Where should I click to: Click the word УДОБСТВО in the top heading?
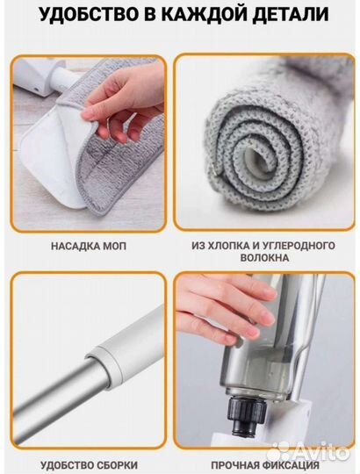pos(88,13)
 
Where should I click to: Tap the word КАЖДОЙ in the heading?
pos(207,14)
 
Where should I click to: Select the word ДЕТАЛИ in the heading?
pos(291,14)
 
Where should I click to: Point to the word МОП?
pos(114,246)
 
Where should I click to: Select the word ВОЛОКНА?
pos(264,258)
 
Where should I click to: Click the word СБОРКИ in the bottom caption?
pos(119,465)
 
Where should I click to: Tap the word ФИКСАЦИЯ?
pos(290,465)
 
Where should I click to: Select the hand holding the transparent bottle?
pos(227,308)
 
